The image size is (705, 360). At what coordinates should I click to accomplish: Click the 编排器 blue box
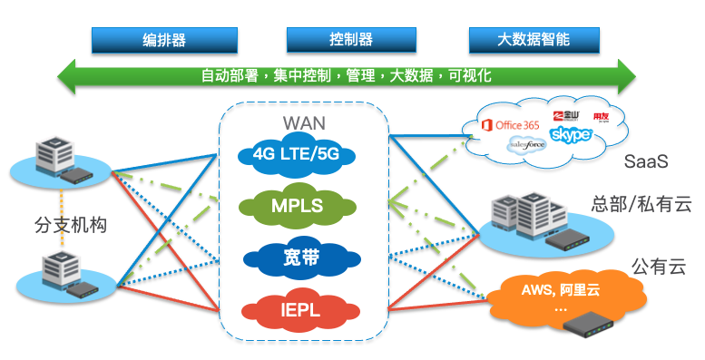(x=164, y=40)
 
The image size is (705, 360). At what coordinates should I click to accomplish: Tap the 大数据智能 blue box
(x=534, y=40)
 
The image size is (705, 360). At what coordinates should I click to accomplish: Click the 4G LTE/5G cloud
(x=297, y=155)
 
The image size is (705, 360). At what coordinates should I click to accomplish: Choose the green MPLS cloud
(x=297, y=205)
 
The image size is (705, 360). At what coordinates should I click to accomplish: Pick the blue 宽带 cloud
(x=297, y=258)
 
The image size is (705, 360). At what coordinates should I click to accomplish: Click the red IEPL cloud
(x=297, y=309)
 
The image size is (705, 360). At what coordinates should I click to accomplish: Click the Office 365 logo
(x=511, y=124)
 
